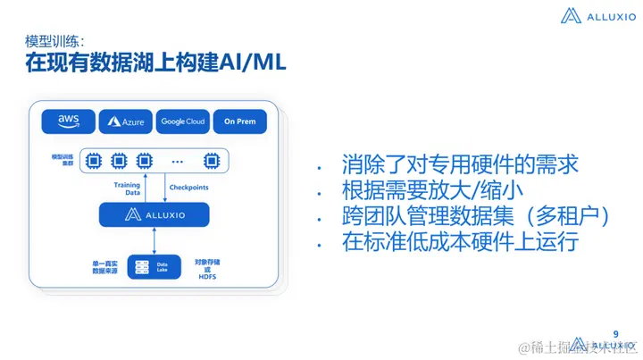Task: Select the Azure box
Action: pyautogui.click(x=126, y=121)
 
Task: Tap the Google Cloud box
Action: pyautogui.click(x=183, y=121)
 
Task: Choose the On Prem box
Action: pyautogui.click(x=240, y=121)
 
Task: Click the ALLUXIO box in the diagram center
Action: pyautogui.click(x=153, y=214)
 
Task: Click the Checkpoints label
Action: pyautogui.click(x=190, y=188)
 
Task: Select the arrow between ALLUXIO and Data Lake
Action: pyautogui.click(x=155, y=239)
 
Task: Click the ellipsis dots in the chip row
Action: pyautogui.click(x=177, y=162)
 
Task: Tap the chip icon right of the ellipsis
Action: pyautogui.click(x=212, y=161)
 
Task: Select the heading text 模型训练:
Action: pyautogui.click(x=54, y=41)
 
